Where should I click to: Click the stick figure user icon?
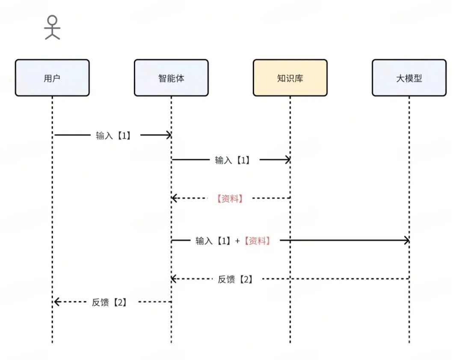coord(52,27)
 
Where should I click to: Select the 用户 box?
coord(52,78)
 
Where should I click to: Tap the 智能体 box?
coord(171,78)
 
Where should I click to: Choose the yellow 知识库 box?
coord(290,78)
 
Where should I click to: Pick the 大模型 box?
coord(409,78)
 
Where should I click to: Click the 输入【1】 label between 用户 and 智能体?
coord(113,135)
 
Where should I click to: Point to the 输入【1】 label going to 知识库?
coord(232,160)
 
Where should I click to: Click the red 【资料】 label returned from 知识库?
coord(230,198)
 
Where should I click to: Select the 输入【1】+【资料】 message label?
coord(233,241)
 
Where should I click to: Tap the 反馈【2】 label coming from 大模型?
coord(235,279)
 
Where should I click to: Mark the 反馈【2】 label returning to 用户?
coord(109,302)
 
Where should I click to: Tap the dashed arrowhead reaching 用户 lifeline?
coord(56,302)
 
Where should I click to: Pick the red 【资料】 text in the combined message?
coord(257,241)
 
